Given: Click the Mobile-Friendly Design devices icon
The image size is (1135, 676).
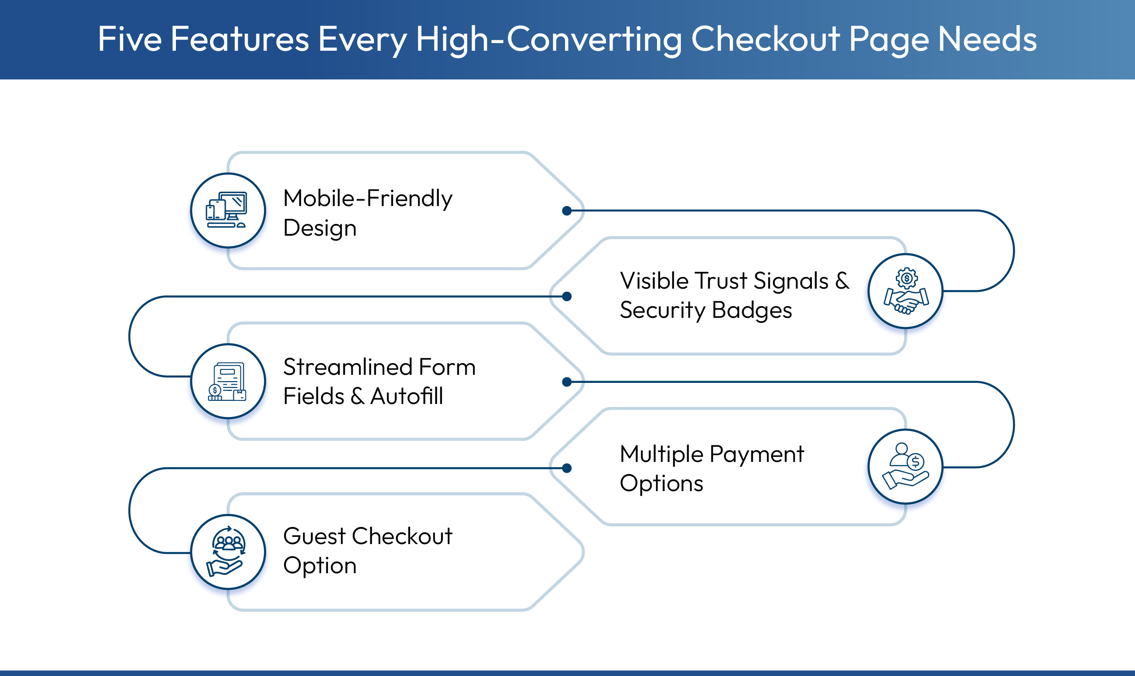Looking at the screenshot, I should pos(227,211).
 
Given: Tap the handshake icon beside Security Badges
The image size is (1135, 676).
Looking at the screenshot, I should pos(906,291).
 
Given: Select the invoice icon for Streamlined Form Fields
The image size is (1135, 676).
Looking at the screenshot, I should pos(227,381).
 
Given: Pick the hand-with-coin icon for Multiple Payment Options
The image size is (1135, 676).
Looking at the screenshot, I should pos(906,466).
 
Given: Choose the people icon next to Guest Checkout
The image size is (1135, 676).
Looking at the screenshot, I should pos(227,552).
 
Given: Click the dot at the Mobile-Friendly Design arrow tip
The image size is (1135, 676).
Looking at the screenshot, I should pos(566,211).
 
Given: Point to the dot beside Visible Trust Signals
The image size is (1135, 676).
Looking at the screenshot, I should pos(566,297).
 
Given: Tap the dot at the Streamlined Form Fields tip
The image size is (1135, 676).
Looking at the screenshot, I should pos(566,382).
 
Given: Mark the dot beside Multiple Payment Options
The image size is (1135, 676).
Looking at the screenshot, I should pos(566,468).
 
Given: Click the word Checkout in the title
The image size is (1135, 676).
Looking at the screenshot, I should pos(765,39).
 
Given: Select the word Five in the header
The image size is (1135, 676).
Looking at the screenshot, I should pos(130,39).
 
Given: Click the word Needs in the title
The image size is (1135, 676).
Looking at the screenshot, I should pos(987,39).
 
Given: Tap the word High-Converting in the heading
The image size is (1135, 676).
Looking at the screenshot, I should pos(549,40).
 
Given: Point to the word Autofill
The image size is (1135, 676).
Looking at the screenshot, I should pos(406,396).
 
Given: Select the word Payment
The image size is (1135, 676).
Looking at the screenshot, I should pos(757,454).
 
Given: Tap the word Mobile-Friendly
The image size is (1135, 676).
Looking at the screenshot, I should pos(368,198).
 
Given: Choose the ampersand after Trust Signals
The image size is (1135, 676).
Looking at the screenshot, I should pos(842,281).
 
